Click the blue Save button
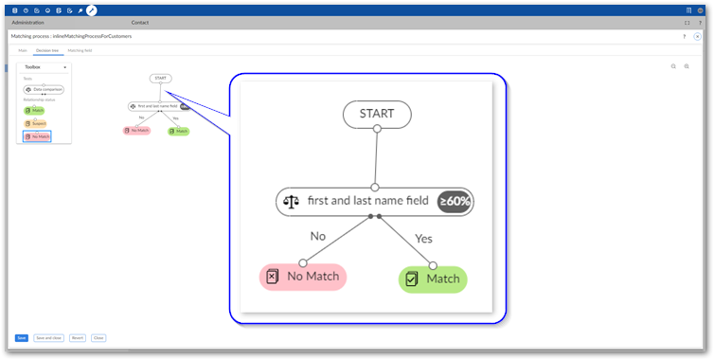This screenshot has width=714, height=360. coord(21,337)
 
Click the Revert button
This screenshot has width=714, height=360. coord(78,337)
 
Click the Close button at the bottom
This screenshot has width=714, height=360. coord(98,337)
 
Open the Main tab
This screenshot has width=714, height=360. coord(23,50)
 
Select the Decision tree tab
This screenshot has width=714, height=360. coord(48,50)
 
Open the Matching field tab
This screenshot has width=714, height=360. coord(80,50)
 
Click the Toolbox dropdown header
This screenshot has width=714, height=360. coord(44,67)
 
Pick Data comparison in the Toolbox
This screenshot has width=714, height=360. coord(44,89)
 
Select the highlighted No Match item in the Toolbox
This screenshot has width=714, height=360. coord(37,136)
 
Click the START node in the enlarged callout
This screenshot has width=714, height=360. coord(376,114)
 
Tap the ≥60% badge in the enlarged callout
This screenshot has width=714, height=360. coord(455,201)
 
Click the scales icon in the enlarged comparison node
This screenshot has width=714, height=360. coord(291,201)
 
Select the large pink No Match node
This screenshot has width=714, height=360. coord(303,277)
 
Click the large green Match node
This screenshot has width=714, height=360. coord(433,279)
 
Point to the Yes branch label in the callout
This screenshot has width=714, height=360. coord(423,239)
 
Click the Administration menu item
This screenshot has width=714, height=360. coord(27,22)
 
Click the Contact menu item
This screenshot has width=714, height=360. coord(139,22)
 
